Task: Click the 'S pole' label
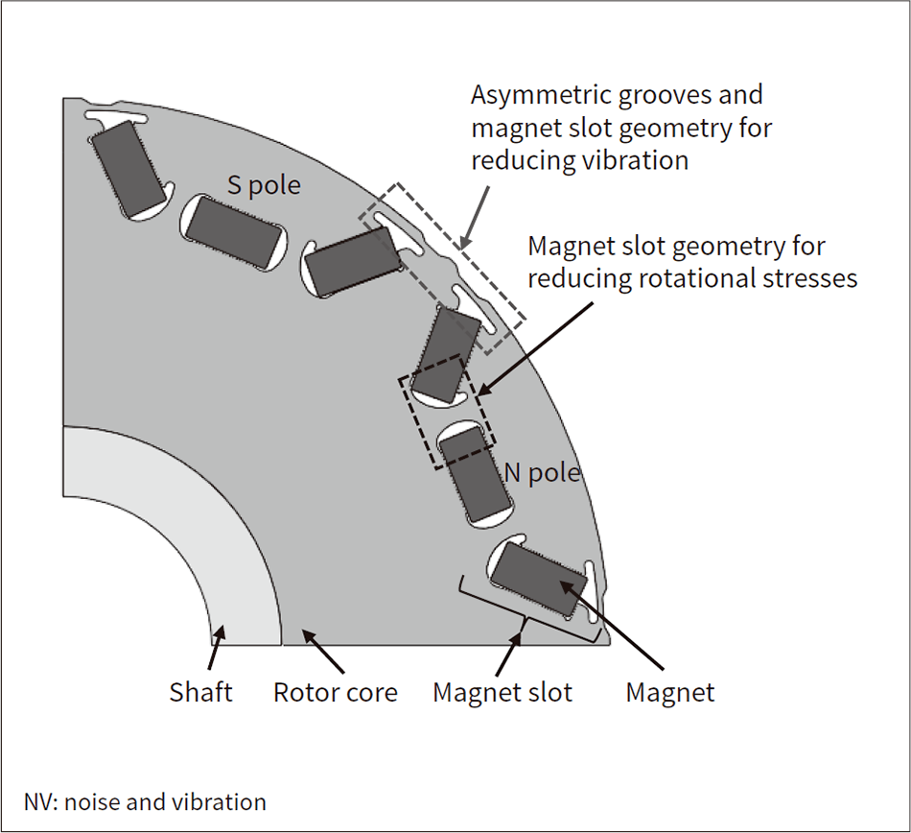pos(264,185)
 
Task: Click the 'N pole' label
pos(542,472)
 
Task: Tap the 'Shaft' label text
pos(200,692)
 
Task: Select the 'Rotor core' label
pos(336,692)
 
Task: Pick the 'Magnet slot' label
pos(502,692)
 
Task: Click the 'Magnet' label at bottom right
pos(670,692)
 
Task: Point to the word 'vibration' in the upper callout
pos(638,160)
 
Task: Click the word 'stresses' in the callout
pos(809,278)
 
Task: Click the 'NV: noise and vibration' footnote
pos(145,802)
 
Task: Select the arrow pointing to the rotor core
pos(322,651)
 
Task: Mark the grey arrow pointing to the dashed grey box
pos(474,218)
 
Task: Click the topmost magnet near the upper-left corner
pos(129,168)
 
